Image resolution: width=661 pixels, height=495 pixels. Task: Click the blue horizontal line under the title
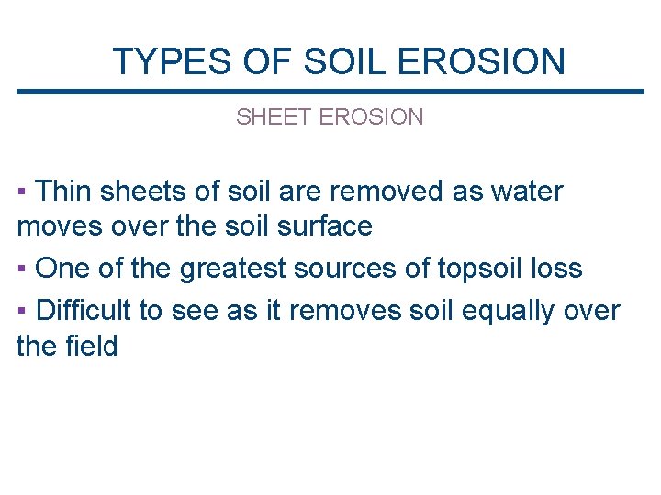click(330, 92)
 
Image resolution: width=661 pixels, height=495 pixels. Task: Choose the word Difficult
click(84, 311)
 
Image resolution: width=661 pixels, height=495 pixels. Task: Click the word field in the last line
click(91, 346)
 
